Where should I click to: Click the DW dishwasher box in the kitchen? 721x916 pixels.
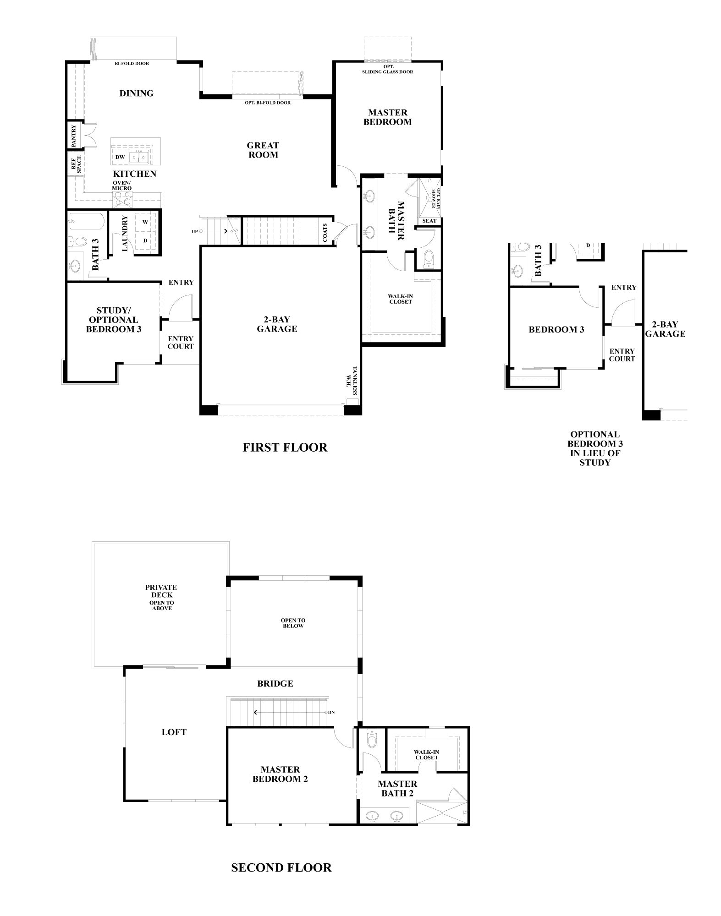120,157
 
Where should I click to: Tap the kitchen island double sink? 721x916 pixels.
138,157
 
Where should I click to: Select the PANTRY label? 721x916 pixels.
74,136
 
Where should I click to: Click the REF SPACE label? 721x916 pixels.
76,164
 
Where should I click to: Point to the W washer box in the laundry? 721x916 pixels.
145,222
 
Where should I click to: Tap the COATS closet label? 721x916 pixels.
325,232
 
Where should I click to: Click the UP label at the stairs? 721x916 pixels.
195,232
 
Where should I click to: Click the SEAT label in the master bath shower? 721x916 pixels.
429,221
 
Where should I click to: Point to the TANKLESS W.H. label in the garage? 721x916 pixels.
352,381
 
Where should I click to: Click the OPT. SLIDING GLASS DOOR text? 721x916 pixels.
387,69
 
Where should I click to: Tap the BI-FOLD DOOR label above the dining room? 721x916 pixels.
132,64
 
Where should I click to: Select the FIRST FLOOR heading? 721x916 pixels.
285,447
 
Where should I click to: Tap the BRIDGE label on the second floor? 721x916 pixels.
275,683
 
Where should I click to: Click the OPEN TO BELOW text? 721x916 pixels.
293,623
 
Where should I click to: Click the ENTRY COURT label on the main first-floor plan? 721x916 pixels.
180,343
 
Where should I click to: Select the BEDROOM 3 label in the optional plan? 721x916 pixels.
556,329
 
